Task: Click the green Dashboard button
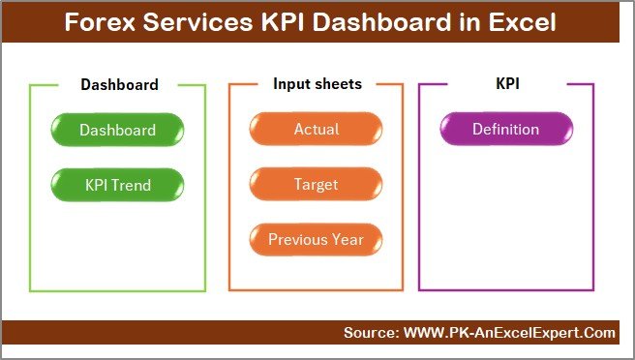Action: (x=117, y=130)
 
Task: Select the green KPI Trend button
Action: (x=117, y=184)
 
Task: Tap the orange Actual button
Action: (x=316, y=130)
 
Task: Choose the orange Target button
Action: (x=316, y=184)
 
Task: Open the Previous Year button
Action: (x=316, y=239)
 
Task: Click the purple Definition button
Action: (x=505, y=130)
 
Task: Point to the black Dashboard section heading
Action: (x=119, y=84)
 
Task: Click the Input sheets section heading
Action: (x=317, y=84)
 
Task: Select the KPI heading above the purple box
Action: (x=507, y=84)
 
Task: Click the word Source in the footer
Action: (x=369, y=333)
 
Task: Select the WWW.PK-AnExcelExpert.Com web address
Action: (x=508, y=333)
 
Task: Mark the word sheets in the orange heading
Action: (x=339, y=84)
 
